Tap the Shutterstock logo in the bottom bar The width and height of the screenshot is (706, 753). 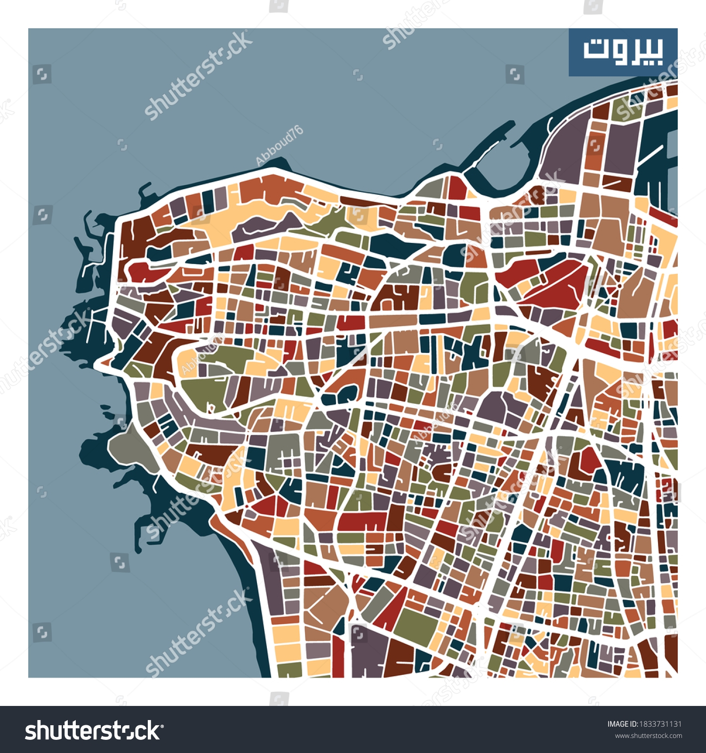pos(94,731)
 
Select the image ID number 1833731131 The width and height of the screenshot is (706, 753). pos(659,724)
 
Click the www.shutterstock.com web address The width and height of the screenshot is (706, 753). pos(649,736)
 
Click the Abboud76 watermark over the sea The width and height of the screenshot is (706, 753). pos(279,146)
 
